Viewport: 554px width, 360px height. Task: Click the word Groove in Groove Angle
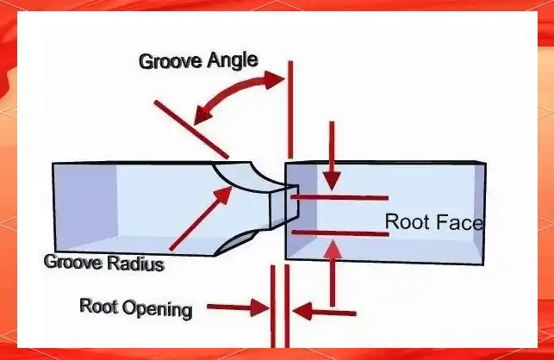170,62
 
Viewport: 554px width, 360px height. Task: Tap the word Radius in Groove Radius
136,264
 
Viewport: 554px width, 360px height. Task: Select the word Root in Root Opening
97,306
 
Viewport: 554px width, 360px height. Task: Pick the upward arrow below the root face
333,276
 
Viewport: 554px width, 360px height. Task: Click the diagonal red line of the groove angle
191,129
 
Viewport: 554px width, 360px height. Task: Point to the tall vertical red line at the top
290,112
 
